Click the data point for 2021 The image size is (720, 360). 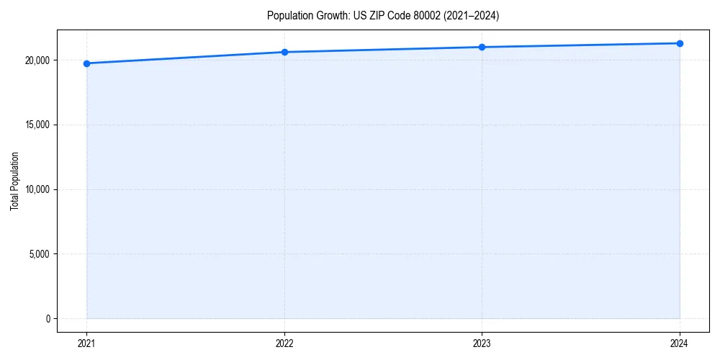[86, 63]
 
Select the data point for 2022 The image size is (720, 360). [284, 52]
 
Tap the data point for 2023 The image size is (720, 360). [482, 47]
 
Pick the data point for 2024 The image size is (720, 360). [680, 43]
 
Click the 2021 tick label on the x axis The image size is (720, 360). [86, 343]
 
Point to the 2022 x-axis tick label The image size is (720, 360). [284, 343]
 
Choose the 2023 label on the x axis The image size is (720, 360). [482, 343]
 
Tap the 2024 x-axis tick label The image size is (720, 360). [680, 343]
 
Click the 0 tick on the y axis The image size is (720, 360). [48, 319]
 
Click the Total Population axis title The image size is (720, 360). [14, 181]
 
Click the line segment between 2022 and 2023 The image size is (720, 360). [383, 49]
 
